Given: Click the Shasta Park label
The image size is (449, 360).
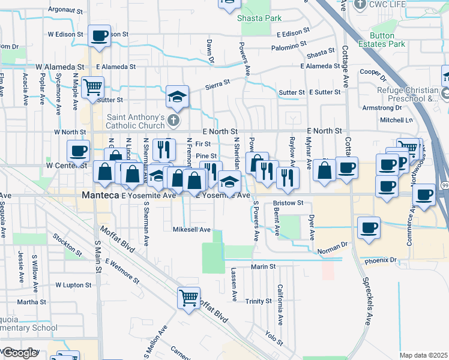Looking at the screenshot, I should tap(259, 18).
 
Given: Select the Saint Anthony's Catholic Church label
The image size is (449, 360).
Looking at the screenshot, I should tap(136, 121).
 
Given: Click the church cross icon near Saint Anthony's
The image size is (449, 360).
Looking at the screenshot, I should tap(173, 121).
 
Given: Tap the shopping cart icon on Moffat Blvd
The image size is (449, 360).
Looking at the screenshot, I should tap(188, 296).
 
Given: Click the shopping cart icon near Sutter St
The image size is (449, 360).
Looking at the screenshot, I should tap(92, 87).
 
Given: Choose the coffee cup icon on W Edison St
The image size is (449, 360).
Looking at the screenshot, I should tap(99, 35).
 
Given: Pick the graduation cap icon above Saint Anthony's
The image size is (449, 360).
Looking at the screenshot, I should tap(178, 96).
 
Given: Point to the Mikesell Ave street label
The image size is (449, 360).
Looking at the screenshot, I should tap(191, 229).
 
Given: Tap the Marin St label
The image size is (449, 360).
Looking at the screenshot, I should tap(263, 266).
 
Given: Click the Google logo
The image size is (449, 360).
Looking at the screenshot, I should tap(20, 353).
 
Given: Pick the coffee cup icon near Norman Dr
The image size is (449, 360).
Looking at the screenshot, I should tap(369, 227).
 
